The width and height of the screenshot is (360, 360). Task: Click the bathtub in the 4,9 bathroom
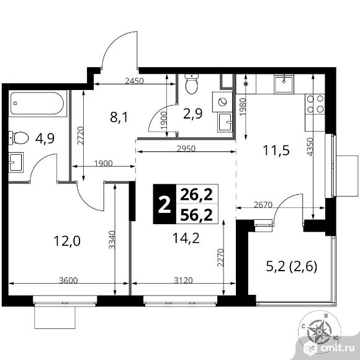pyautogui.click(x=37, y=103)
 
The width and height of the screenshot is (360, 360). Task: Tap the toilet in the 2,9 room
pyautogui.click(x=192, y=84)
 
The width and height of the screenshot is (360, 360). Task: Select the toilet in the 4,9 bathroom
pyautogui.click(x=19, y=138)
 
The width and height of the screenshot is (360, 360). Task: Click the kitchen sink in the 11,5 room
pyautogui.click(x=284, y=84)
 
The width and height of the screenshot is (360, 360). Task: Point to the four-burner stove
pyautogui.click(x=315, y=104)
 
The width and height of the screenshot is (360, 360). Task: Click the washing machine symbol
pyautogui.click(x=222, y=102)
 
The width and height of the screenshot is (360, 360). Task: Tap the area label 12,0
pyautogui.click(x=67, y=241)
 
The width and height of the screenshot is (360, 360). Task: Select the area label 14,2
pyautogui.click(x=186, y=238)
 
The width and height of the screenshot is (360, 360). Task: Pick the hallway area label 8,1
pyautogui.click(x=119, y=117)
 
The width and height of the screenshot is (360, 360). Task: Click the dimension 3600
pyautogui.click(x=68, y=281)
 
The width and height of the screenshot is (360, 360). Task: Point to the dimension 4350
pyautogui.click(x=310, y=147)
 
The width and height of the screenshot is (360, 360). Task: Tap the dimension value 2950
pyautogui.click(x=186, y=148)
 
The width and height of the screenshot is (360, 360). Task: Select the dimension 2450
pyautogui.click(x=134, y=81)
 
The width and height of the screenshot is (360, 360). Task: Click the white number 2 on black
pyautogui.click(x=164, y=204)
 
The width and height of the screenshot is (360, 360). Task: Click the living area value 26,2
pyautogui.click(x=196, y=195)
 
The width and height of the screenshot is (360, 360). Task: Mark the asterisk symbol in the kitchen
pyautogui.click(x=246, y=84)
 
